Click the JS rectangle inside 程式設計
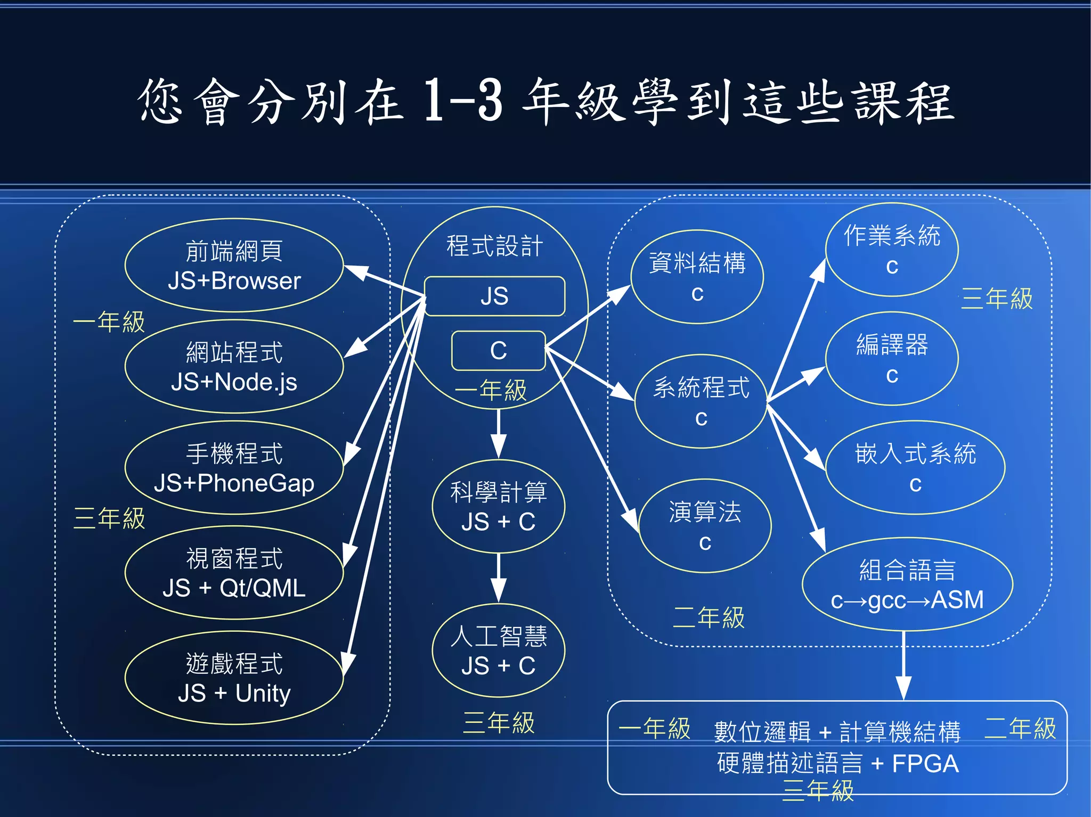point(494,296)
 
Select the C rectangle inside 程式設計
point(498,351)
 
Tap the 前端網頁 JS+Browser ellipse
point(234,265)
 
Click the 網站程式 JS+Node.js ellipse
point(234,367)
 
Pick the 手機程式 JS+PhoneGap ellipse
point(234,468)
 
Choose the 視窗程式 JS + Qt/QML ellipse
point(234,573)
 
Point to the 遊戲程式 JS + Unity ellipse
point(234,678)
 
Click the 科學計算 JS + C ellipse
point(498,506)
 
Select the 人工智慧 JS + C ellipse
point(498,650)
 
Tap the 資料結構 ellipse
point(697,277)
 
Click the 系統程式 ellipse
point(701,401)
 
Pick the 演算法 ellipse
point(705,526)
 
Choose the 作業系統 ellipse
point(892,250)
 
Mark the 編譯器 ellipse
point(892,359)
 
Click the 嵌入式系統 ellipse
point(915,468)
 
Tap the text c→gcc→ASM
point(907,600)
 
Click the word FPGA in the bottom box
point(925,764)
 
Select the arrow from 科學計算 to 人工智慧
point(498,577)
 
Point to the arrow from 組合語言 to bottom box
point(903,665)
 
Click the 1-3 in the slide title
point(462,101)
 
